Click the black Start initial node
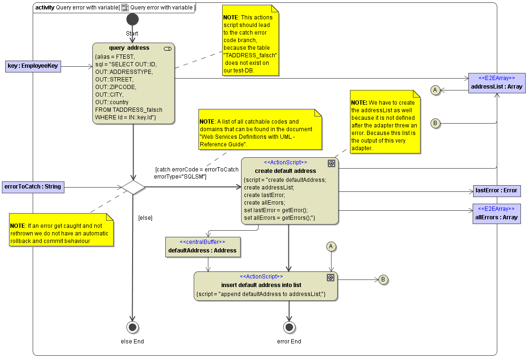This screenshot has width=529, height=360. tap(133, 19)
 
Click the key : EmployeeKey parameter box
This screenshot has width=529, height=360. tap(33, 66)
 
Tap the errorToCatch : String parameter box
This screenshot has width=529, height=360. tap(33, 187)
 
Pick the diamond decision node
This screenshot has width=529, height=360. tap(133, 187)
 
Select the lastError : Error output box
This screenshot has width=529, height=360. tap(496, 191)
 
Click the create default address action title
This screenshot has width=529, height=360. tap(285, 171)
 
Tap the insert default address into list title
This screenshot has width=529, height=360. tap(261, 285)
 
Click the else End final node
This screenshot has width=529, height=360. tap(133, 327)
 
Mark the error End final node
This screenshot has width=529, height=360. tap(289, 327)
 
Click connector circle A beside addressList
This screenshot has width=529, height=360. tap(435, 90)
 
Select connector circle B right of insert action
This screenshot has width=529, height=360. tap(383, 279)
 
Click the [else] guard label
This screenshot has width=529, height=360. tap(145, 218)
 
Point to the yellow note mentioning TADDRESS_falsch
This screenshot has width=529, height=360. tap(251, 40)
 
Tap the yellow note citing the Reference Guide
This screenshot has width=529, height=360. tap(260, 129)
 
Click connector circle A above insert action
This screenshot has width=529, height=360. tap(331, 246)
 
